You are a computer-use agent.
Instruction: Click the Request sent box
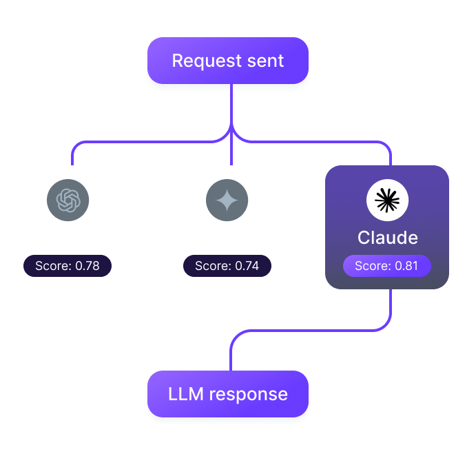click(228, 61)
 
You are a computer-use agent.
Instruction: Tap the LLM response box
click(228, 394)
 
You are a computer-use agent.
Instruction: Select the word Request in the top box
click(207, 61)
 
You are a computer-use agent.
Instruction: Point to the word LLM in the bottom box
click(186, 394)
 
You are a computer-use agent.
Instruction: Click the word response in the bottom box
click(249, 395)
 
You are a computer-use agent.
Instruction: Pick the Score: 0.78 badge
click(68, 266)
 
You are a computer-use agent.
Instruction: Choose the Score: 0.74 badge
click(227, 266)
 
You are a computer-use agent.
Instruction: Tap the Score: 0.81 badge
click(387, 266)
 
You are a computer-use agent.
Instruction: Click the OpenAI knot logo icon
click(68, 200)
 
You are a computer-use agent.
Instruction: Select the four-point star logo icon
click(227, 200)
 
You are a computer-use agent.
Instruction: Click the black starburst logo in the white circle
click(387, 200)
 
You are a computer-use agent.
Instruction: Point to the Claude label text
click(388, 238)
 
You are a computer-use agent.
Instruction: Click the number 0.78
click(87, 266)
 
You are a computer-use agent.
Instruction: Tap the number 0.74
click(247, 266)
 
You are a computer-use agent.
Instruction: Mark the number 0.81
click(406, 266)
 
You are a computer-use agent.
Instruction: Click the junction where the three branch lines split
click(231, 128)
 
